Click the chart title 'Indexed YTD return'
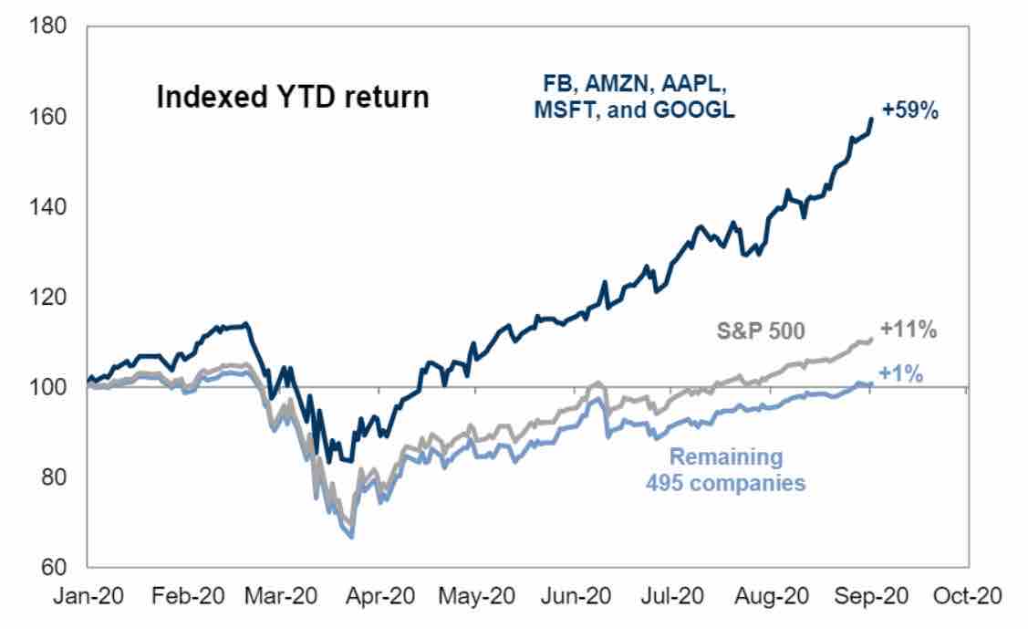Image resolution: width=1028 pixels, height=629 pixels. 292,98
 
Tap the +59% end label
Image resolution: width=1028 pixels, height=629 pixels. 909,112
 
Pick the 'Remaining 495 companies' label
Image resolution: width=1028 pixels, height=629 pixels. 726,469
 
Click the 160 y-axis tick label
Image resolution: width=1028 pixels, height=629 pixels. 48,117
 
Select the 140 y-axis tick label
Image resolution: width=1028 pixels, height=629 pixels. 48,207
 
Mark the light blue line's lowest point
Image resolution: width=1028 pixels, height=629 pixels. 352,538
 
